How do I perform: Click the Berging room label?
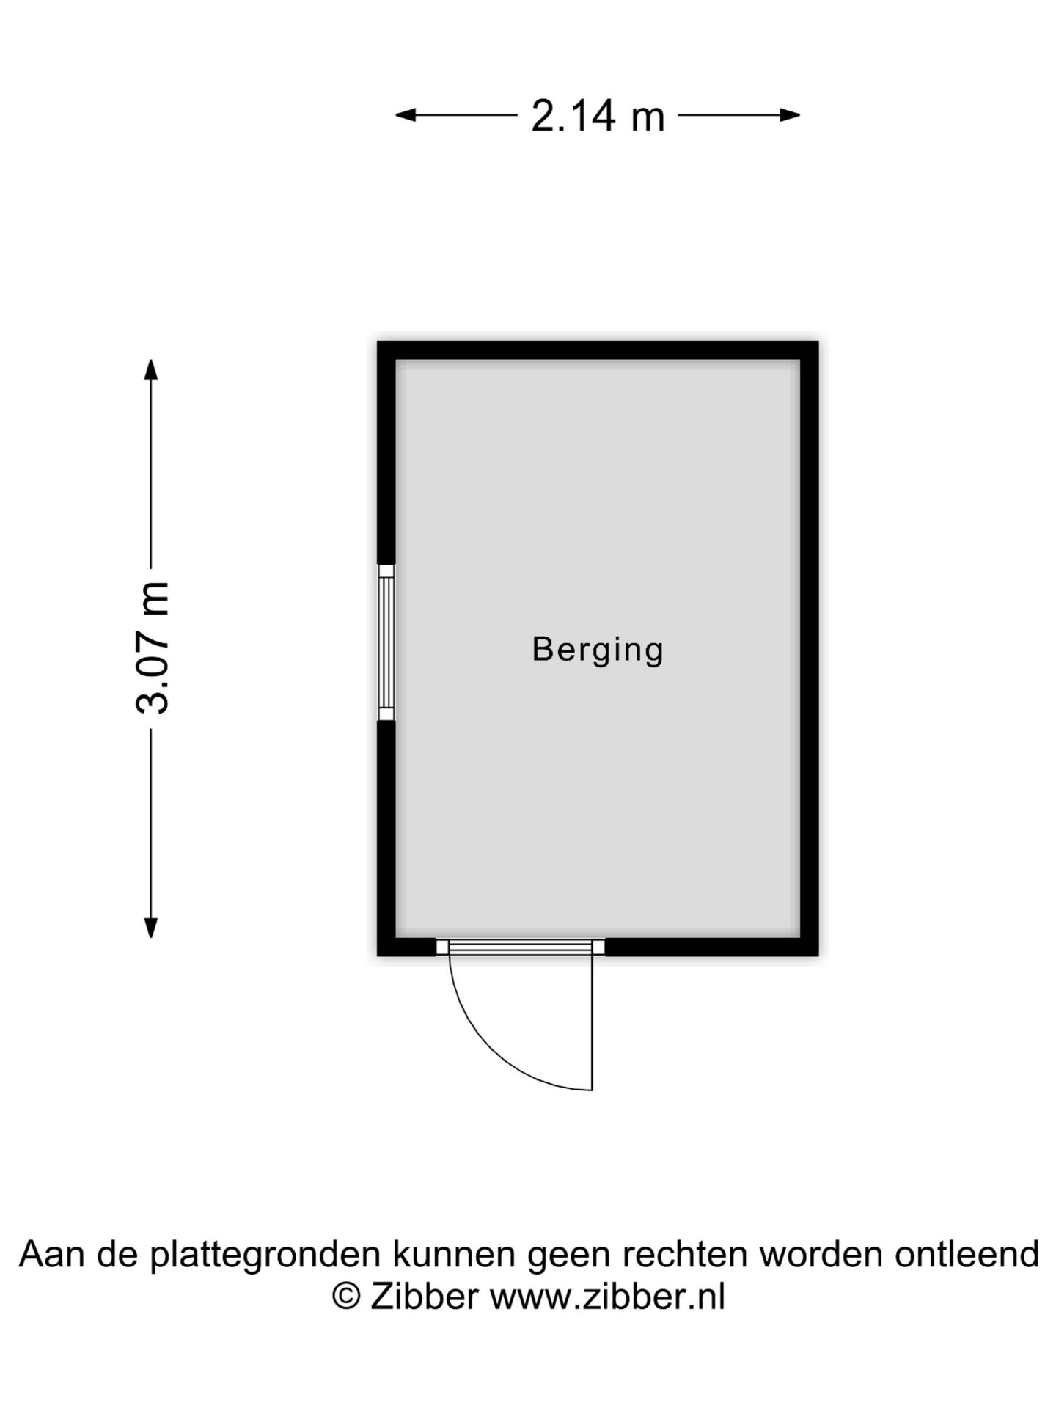click(598, 650)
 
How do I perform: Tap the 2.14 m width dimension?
click(598, 116)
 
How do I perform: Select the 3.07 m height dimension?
click(153, 648)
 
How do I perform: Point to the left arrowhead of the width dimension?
click(406, 115)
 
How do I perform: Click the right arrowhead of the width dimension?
click(790, 115)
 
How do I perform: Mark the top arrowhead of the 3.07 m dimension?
click(151, 370)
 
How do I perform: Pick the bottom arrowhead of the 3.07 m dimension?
click(151, 928)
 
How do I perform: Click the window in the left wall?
click(386, 642)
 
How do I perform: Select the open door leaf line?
click(592, 1022)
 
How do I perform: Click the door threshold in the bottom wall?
click(521, 947)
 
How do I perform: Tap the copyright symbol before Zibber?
click(346, 1297)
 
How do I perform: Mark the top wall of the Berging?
click(598, 351)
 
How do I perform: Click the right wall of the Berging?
click(810, 648)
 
